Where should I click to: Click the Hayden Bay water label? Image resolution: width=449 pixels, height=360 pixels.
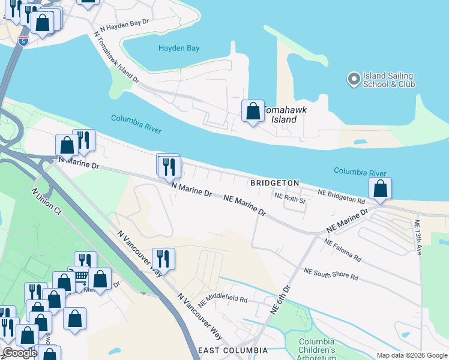click(178, 48)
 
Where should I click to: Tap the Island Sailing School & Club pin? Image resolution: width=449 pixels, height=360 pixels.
click(354, 78)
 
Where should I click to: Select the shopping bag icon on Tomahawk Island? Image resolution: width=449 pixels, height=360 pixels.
click(253, 112)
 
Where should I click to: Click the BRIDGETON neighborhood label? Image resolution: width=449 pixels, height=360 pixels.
click(274, 182)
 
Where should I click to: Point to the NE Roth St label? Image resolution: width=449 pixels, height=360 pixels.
click(291, 197)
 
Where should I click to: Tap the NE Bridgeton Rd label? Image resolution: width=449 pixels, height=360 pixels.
click(342, 196)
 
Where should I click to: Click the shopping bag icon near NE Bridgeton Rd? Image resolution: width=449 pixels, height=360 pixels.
click(380, 189)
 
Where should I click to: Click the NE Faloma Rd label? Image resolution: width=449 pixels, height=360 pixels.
click(343, 250)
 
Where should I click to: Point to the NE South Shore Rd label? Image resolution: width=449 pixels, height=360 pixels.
click(331, 274)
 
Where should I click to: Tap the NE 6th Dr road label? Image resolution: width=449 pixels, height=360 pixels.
click(280, 299)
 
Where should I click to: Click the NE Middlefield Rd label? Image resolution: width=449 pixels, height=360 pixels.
click(222, 298)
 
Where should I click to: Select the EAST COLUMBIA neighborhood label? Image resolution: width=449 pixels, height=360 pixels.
click(233, 350)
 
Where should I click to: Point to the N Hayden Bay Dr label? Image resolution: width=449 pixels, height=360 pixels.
click(124, 25)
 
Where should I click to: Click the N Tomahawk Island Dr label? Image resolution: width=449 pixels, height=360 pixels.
click(116, 58)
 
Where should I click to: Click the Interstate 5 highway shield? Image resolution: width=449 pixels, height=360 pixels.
click(23, 41)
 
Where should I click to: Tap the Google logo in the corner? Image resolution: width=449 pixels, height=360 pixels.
click(20, 353)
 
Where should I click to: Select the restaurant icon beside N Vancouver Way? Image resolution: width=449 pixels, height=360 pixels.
click(163, 259)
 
